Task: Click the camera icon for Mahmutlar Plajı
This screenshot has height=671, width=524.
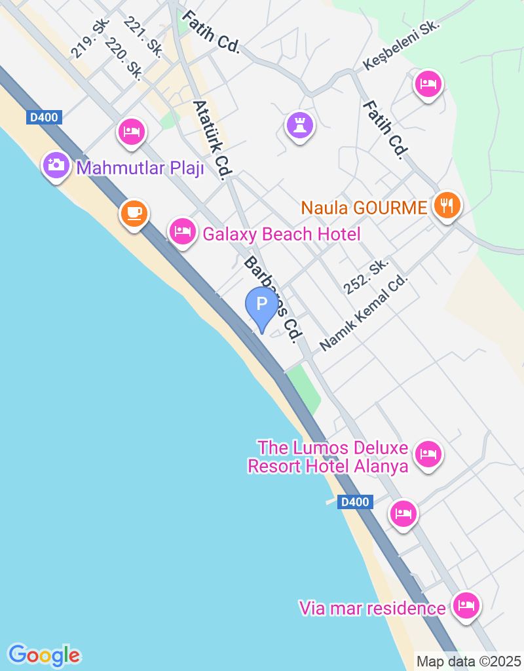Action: coord(57,164)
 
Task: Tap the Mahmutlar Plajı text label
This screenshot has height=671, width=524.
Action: coord(140,168)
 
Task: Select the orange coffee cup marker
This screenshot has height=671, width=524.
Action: coord(134,213)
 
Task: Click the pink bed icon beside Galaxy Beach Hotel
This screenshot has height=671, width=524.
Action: coord(183,231)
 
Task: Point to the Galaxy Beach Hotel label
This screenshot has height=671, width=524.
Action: coord(282,234)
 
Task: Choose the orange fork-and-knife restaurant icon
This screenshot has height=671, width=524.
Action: coord(447,205)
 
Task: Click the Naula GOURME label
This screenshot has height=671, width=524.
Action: coord(364,208)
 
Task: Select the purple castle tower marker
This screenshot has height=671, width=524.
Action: coord(300,124)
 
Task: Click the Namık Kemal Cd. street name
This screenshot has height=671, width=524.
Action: coord(364,313)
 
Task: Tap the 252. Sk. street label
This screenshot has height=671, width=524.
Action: coord(366,275)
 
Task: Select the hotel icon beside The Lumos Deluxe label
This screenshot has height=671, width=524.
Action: coord(428,453)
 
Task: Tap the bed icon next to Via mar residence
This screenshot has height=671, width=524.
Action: coord(466,605)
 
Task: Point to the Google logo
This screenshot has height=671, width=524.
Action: coord(44,655)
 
